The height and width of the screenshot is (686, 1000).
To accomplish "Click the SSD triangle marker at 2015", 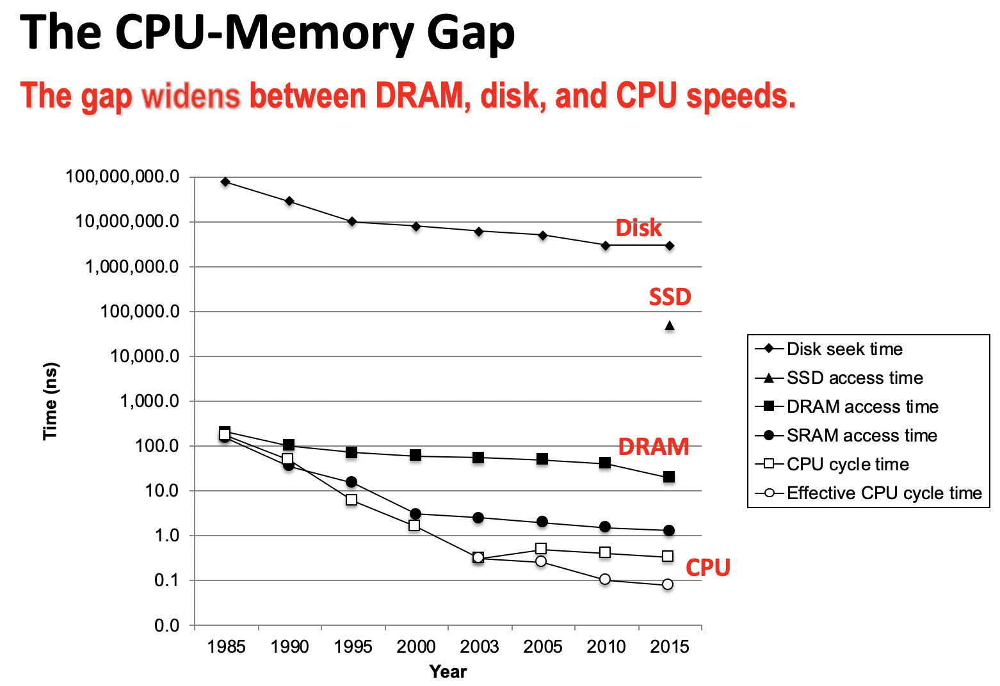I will (670, 326).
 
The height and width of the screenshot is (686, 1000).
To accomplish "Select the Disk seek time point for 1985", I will (225, 182).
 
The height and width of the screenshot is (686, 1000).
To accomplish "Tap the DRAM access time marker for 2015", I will (669, 477).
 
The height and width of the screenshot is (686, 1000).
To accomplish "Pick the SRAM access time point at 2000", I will (415, 514).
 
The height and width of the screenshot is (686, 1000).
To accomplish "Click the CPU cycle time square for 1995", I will (351, 500).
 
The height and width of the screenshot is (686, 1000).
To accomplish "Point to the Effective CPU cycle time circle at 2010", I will (605, 579).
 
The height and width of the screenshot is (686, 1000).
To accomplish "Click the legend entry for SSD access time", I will (854, 378).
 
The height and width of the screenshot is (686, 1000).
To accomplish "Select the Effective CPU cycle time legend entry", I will (883, 493).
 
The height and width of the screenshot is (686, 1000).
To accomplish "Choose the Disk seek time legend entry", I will (844, 349).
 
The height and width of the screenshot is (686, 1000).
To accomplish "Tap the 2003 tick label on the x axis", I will (479, 647).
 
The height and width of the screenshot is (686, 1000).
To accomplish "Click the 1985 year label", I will (226, 647).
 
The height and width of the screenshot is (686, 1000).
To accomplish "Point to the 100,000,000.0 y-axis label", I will (122, 177).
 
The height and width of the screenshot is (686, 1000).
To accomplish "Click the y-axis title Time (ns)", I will (50, 401).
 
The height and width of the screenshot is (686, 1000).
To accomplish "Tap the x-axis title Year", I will (448, 671).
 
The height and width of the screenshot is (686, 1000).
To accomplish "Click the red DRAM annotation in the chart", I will (653, 447).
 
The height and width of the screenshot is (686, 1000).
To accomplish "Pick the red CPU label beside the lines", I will (707, 568).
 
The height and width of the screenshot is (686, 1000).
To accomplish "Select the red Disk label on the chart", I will (638, 228).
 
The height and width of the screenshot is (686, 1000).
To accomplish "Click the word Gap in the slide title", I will (471, 33).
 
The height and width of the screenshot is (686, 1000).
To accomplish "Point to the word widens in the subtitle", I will (191, 96).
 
